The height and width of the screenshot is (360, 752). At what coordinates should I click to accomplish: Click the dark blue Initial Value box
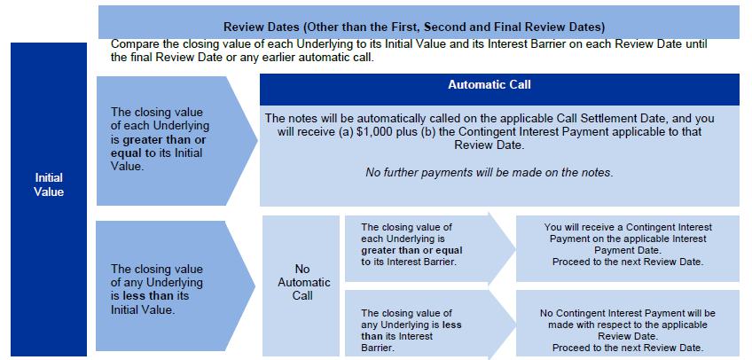[49, 200]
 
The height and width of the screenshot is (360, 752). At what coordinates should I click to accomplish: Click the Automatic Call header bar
[499, 90]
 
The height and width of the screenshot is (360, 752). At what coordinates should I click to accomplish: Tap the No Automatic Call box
[301, 286]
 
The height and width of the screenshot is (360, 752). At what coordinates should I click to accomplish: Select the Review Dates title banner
[419, 22]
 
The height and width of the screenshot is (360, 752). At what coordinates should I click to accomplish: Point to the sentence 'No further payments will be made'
[490, 173]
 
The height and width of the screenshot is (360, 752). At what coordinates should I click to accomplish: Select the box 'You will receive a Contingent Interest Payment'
[628, 248]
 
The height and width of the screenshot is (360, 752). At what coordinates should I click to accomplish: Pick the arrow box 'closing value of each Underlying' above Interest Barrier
[429, 248]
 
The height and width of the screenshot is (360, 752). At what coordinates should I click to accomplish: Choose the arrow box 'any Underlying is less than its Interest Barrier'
[429, 325]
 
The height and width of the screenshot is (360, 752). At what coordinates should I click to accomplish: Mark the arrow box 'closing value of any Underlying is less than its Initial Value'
[175, 286]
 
